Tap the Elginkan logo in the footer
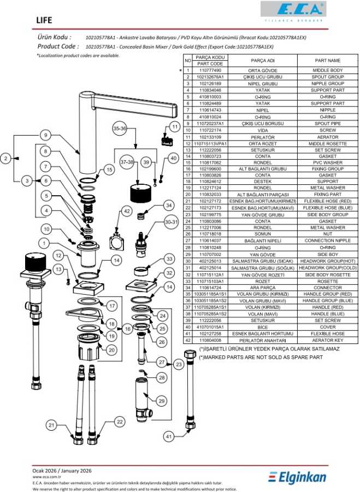(x=297, y=477)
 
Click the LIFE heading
(x=44, y=20)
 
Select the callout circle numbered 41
(x=169, y=436)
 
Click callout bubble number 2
(x=6, y=159)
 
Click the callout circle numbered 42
(x=127, y=210)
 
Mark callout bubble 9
(x=47, y=135)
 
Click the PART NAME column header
(x=327, y=60)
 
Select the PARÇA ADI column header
(x=262, y=60)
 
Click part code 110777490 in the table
(x=210, y=71)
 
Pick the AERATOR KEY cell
(x=327, y=340)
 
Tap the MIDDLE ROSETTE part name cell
(x=327, y=143)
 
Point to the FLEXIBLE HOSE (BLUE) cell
(x=327, y=208)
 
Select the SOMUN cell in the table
(x=262, y=233)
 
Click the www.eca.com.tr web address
(x=45, y=477)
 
